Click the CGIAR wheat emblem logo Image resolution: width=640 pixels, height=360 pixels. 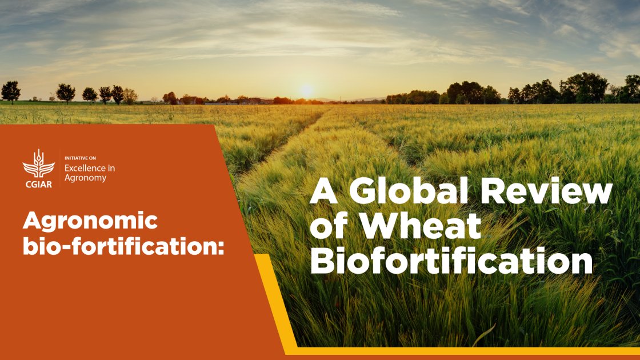pos(38,163)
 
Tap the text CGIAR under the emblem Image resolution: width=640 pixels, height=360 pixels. pos(38,184)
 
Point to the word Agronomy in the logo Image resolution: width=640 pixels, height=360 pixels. pos(85,178)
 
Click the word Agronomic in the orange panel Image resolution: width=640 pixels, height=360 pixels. pos(90,221)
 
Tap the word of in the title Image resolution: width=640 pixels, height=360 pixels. pos(331,227)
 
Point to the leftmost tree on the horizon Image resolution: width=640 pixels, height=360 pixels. pos(10,91)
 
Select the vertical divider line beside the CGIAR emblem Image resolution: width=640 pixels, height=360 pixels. pos(60,168)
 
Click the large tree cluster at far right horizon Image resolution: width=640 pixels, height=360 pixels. pos(583,87)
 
